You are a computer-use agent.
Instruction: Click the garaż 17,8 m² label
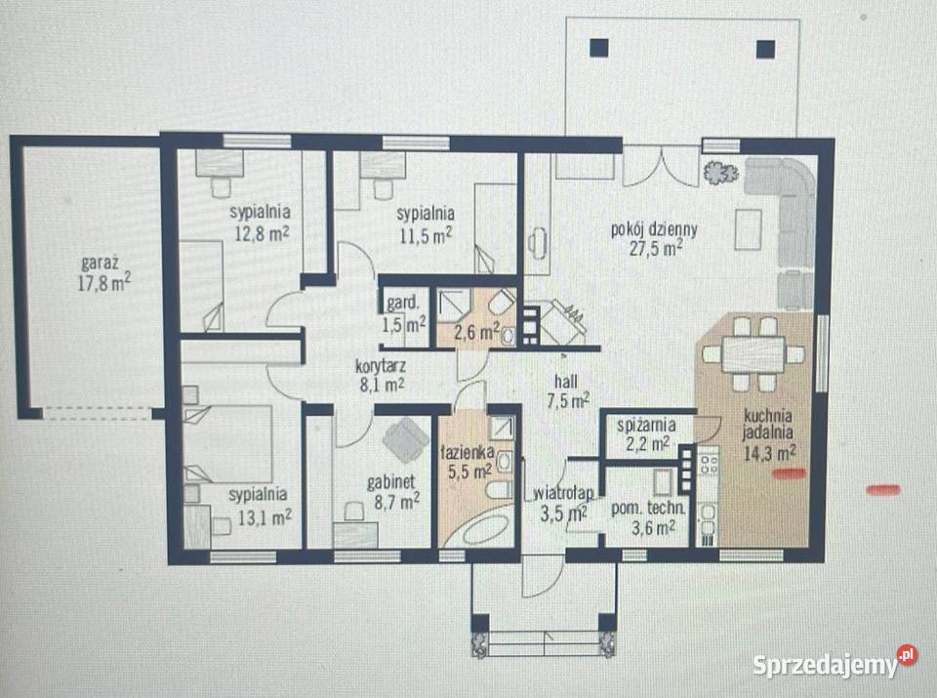[104, 273]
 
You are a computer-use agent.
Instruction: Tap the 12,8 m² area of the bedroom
[262, 233]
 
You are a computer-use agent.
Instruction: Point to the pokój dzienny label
[654, 228]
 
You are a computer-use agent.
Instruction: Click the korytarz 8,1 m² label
[382, 375]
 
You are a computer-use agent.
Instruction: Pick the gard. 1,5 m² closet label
[404, 313]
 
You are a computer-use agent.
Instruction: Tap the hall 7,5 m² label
[567, 390]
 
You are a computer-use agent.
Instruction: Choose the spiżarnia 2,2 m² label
[645, 434]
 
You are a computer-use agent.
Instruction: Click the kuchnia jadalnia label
[768, 424]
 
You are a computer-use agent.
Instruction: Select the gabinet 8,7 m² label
[392, 491]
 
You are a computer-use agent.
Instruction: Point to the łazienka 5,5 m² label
[467, 462]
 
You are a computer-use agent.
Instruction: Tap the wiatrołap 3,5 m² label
[563, 504]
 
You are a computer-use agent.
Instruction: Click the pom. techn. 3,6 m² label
[648, 517]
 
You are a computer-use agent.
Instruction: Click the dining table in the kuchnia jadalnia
[753, 354]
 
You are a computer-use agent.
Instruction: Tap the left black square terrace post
[598, 48]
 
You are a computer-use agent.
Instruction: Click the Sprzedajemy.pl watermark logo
[835, 663]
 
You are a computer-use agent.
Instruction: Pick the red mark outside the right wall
[883, 490]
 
